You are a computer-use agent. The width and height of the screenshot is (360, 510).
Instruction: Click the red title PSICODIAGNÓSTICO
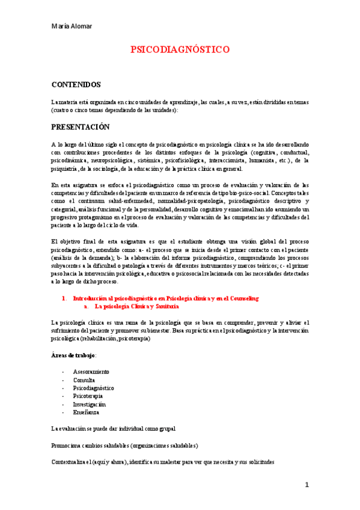point(180,51)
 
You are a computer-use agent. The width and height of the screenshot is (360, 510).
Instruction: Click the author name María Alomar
point(72,26)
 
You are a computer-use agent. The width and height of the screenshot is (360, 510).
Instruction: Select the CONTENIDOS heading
point(76,85)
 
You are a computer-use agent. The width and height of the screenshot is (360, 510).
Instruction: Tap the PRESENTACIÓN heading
point(81,127)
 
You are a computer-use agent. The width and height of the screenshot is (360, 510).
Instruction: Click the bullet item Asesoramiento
point(91,372)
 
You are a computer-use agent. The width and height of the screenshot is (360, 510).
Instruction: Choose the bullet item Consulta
point(84,380)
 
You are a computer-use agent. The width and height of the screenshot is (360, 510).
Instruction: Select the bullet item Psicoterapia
point(88,396)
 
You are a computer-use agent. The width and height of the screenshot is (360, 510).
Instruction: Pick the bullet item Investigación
point(90,405)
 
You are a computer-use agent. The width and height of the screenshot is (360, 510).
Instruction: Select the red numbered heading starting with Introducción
point(165,298)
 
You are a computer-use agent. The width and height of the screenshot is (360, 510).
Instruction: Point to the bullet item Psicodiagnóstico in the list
point(93,389)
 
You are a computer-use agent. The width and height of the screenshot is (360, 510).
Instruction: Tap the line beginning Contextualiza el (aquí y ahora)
point(162,462)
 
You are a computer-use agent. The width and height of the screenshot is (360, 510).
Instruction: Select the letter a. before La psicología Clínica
point(87,306)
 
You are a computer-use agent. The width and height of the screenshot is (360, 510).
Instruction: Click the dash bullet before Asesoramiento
point(63,372)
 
